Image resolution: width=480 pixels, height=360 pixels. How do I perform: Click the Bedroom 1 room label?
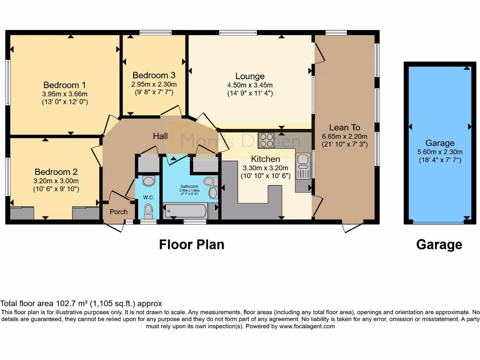pyautogui.click(x=64, y=85)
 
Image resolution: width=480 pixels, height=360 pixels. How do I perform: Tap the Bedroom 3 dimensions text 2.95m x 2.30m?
pyautogui.click(x=154, y=84)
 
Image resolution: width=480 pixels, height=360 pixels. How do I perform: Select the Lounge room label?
pyautogui.click(x=250, y=76)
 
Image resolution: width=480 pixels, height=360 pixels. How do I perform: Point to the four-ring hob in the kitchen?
pyautogui.click(x=266, y=140)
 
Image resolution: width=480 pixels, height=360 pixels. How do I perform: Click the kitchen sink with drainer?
pyautogui.click(x=302, y=167)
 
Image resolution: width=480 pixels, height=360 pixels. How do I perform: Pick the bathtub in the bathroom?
pyautogui.click(x=185, y=210)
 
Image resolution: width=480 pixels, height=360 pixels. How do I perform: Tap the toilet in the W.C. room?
pyautogui.click(x=149, y=211)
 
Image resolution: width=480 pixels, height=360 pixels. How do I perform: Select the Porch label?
pyautogui.click(x=119, y=212)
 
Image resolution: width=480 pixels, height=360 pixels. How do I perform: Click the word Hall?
pyautogui.click(x=161, y=136)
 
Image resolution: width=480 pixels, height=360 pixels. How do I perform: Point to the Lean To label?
pyautogui.click(x=345, y=127)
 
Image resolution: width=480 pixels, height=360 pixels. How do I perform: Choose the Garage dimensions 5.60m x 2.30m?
pyautogui.click(x=440, y=151)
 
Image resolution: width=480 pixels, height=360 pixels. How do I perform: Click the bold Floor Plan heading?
pyautogui.click(x=191, y=244)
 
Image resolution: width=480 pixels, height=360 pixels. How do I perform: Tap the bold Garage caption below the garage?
pyautogui.click(x=439, y=244)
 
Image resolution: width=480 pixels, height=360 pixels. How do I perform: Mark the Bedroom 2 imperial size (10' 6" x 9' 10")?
pyautogui.click(x=56, y=189)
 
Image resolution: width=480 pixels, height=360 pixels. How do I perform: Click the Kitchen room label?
pyautogui.click(x=265, y=159)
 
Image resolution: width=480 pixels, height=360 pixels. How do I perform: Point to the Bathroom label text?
pyautogui.click(x=190, y=186)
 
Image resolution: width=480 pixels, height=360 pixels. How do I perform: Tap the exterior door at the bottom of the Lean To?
pyautogui.click(x=352, y=227)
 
